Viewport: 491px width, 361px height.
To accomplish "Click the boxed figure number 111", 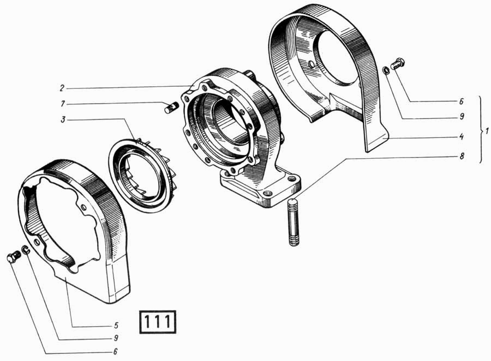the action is pos(158,322).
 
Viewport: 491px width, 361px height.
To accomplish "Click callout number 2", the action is pos(62,88).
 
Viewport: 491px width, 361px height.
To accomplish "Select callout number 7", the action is pos(63,103).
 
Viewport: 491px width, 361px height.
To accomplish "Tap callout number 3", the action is pos(63,120).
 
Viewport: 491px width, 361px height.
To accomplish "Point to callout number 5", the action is pos(116,326).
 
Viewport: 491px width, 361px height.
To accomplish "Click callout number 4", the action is pos(461,137).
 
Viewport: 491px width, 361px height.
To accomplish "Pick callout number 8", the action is pos(461,156).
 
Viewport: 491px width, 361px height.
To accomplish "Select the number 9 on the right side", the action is pos(461,117).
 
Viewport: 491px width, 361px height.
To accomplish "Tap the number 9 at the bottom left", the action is pos(116,339).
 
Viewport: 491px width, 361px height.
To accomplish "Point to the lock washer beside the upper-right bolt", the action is pos(386,71).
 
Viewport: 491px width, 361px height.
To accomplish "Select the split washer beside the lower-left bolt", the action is pos(26,250).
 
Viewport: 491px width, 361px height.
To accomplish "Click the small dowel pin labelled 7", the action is pos(171,108).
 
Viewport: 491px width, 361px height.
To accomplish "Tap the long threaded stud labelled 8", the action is pos(292,222).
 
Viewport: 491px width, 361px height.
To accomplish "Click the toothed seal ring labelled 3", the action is pos(142,176).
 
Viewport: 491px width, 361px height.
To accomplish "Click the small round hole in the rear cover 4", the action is pos(311,64).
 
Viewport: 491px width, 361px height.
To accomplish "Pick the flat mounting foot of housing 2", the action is pos(261,189).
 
